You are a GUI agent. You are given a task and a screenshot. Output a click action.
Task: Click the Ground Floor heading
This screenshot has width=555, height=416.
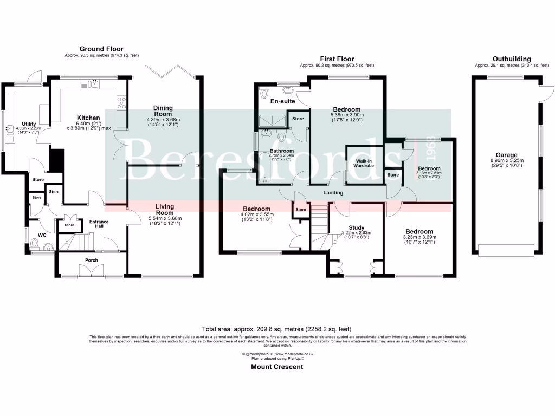101,49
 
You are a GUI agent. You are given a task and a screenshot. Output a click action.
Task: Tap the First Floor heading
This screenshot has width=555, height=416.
337,59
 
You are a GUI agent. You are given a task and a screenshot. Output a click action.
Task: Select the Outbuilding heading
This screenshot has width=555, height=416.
511,59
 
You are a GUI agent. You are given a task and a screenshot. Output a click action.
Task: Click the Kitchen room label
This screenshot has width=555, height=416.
88,118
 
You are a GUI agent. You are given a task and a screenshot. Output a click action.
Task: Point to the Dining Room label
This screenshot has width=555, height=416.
163,110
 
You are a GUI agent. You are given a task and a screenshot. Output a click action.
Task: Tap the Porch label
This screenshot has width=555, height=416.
92,260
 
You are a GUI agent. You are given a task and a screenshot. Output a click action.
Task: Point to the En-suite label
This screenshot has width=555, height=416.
281,101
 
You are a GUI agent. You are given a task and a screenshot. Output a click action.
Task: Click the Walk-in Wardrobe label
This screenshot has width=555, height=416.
364,164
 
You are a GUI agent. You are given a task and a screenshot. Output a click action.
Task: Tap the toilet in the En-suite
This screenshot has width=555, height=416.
264,94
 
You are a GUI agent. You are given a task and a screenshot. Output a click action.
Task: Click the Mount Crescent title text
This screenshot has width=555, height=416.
277,367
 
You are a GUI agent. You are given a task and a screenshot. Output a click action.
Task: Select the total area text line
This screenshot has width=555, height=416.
277,329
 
